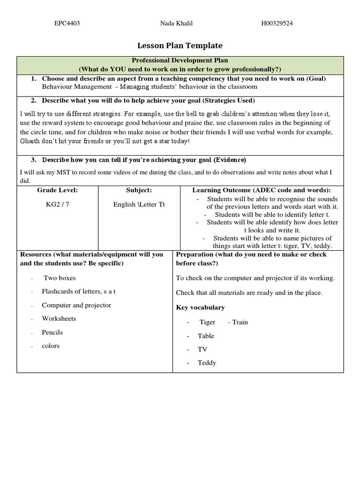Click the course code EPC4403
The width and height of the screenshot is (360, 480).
[67, 23]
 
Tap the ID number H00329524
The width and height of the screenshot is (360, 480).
[277, 23]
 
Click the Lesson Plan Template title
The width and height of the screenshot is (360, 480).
[180, 45]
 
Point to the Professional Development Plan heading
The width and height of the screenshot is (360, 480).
[180, 61]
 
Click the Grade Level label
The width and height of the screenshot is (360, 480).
[58, 190]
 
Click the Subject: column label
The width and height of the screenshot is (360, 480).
[139, 190]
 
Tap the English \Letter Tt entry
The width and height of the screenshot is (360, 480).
[139, 204]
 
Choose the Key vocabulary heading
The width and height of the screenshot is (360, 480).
[200, 307]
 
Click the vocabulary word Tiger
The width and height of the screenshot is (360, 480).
[207, 322]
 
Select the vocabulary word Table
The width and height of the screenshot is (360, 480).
[206, 336]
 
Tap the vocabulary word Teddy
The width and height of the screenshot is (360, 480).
[207, 363]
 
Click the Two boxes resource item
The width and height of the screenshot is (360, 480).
[57, 278]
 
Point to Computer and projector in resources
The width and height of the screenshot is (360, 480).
[76, 305]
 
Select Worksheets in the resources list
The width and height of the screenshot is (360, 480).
[59, 319]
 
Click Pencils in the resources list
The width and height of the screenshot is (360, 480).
[52, 332]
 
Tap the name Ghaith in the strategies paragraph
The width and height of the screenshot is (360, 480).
[30, 141]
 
